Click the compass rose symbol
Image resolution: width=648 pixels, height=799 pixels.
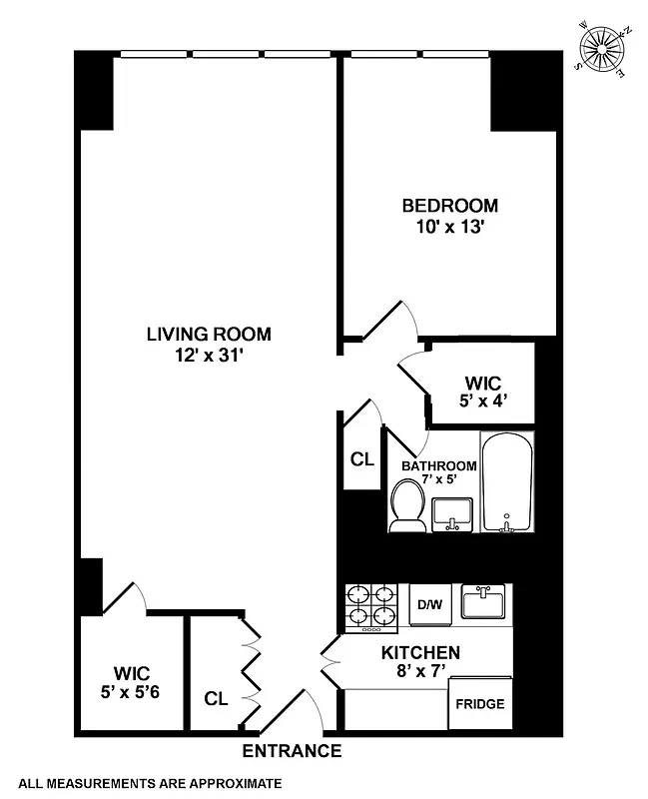(x=604, y=49)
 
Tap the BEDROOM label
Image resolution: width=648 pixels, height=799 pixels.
(x=449, y=207)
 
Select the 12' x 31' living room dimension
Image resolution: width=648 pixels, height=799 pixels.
(x=208, y=355)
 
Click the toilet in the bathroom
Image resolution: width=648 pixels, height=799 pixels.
(x=406, y=504)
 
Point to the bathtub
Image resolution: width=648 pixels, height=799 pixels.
(x=507, y=482)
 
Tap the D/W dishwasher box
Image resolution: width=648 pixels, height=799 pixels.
(x=430, y=605)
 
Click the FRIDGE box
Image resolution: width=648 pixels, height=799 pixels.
(x=480, y=704)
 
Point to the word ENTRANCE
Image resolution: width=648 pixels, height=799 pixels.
(x=292, y=751)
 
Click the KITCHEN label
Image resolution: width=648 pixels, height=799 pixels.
(x=420, y=654)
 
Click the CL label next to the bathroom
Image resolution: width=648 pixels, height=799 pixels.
(x=361, y=460)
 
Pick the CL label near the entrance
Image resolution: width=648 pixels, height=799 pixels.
(x=216, y=697)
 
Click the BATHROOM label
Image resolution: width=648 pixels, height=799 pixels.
(x=438, y=466)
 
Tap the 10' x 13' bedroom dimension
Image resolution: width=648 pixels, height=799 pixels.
(x=449, y=227)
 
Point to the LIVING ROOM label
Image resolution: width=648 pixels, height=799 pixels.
(x=208, y=335)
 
